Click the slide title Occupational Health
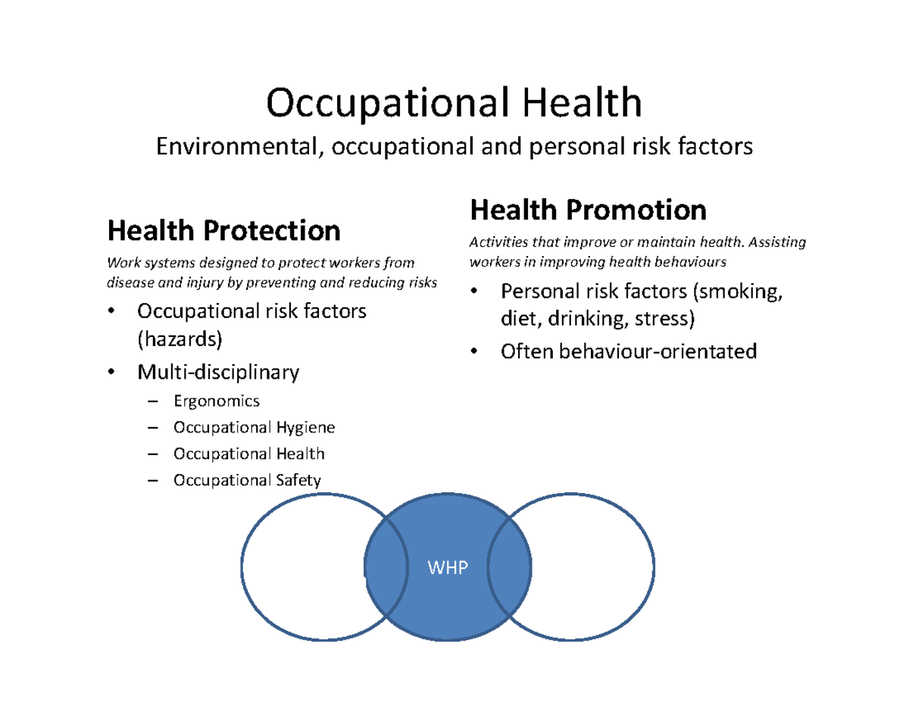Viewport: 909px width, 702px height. (x=454, y=103)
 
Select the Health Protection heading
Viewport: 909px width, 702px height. (x=223, y=229)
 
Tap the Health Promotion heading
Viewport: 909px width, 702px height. (x=588, y=209)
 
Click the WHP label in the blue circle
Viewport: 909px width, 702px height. (x=447, y=568)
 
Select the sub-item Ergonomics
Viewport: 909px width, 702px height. (x=216, y=401)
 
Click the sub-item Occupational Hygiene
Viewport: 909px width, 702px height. (x=254, y=428)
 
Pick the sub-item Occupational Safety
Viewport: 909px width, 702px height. (x=247, y=479)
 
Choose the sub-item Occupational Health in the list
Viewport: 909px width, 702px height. (x=248, y=454)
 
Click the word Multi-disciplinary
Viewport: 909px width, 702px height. (x=217, y=372)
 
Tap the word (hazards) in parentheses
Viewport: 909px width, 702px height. (x=180, y=339)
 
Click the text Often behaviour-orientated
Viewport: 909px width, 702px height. (x=628, y=351)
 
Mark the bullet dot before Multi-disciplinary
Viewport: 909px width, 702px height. (x=111, y=373)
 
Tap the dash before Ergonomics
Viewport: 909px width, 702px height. (x=154, y=402)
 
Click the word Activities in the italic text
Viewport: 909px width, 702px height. (x=497, y=243)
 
